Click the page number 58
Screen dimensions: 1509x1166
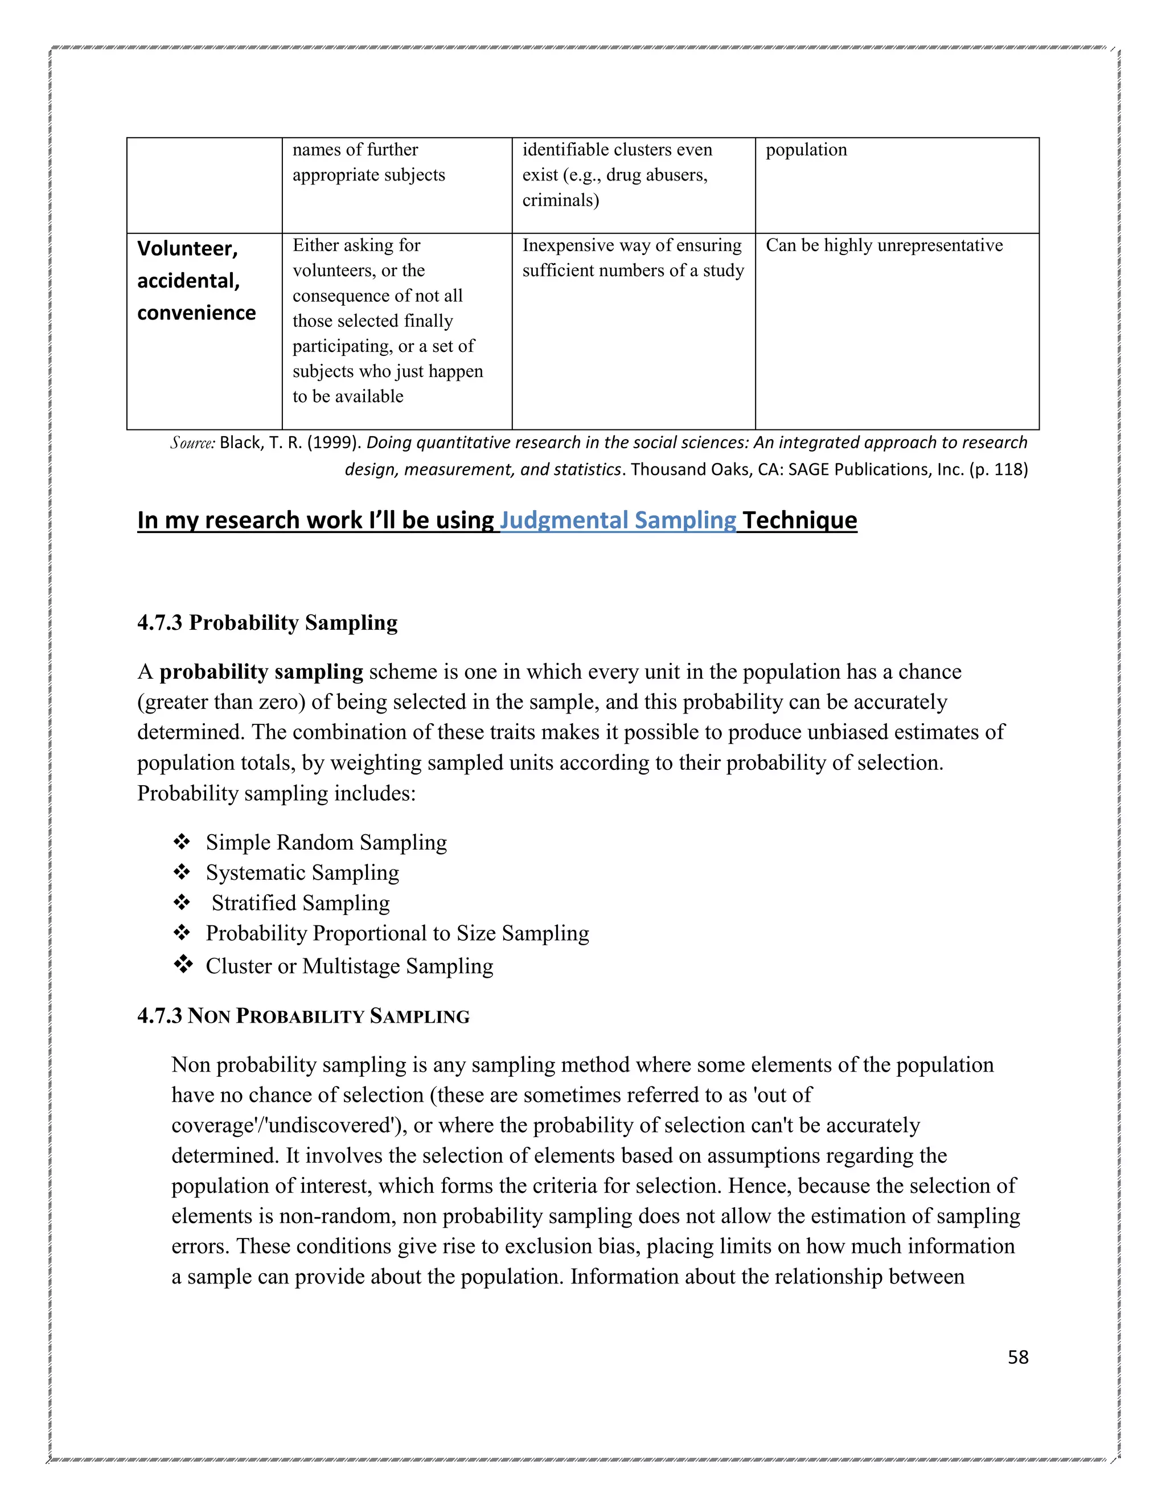[1017, 1357]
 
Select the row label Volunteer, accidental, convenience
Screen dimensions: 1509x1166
[196, 281]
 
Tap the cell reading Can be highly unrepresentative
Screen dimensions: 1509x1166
[884, 245]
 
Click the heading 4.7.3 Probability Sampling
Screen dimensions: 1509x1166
[268, 622]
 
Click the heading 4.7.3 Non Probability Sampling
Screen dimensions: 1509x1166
[303, 1016]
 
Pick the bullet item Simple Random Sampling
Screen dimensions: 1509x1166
[326, 842]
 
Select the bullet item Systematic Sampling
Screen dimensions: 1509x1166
[302, 872]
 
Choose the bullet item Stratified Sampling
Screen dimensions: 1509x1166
[301, 903]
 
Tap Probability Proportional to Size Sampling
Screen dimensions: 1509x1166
[397, 933]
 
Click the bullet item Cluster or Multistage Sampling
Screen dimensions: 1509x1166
[349, 966]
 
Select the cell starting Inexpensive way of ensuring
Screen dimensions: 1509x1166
[632, 258]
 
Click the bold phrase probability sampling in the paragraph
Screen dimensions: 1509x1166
[261, 671]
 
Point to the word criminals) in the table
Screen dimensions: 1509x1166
[560, 200]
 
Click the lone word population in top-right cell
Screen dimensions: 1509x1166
[806, 150]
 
